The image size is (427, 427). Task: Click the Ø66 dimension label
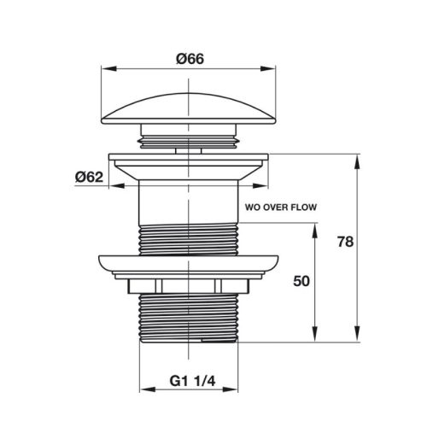190,59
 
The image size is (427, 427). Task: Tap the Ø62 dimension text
89,178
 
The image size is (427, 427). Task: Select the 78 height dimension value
345,242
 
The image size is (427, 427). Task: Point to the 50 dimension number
301,281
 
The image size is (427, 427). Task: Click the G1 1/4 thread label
192,381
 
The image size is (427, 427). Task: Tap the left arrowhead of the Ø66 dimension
109,68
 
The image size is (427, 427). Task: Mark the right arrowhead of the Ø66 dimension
268,68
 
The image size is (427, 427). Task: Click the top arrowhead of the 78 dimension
358,161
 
